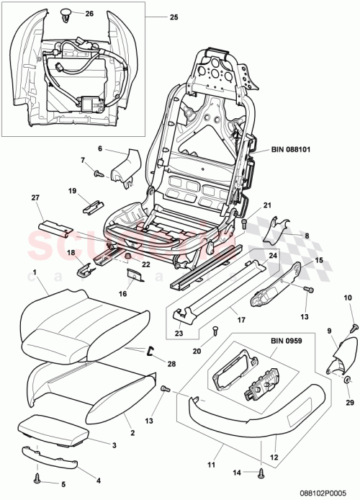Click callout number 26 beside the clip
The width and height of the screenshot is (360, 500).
click(89, 14)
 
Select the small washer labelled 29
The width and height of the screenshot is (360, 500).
click(347, 379)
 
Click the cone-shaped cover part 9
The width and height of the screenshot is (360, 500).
click(341, 357)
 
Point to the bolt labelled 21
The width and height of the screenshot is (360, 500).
click(243, 224)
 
